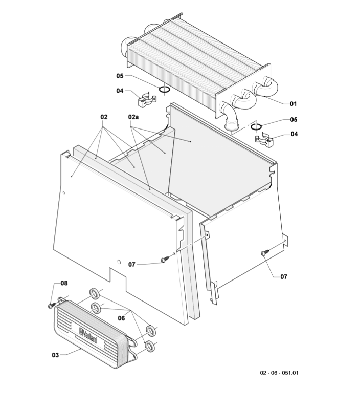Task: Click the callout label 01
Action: point(294,104)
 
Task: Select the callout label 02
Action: point(104,117)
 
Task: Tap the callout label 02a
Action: point(133,117)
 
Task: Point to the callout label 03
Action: point(55,355)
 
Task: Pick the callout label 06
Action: point(121,318)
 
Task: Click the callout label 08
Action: point(64,283)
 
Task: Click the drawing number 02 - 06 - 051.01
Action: point(279,373)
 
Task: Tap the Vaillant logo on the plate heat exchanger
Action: point(88,335)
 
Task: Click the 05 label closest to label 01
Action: point(294,119)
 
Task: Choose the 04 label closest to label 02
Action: point(120,91)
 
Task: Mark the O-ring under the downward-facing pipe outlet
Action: point(256,127)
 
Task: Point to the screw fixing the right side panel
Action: point(264,253)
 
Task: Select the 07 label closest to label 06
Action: point(132,265)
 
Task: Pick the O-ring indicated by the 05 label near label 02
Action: point(165,89)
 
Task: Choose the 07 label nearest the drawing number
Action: point(284,277)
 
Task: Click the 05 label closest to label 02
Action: point(120,76)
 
